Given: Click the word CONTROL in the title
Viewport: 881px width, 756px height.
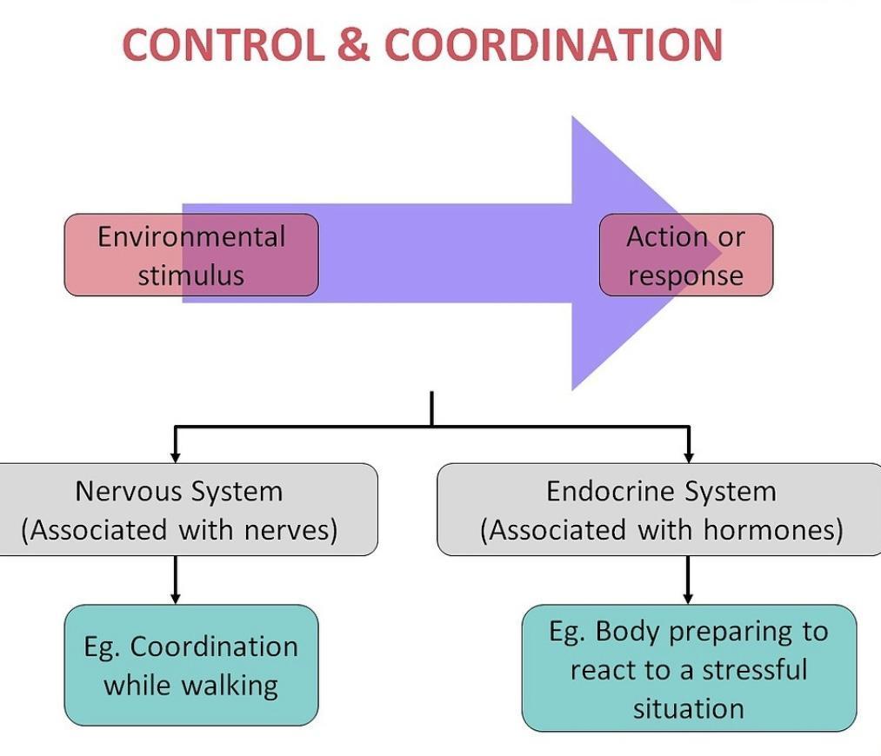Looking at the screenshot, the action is [224, 45].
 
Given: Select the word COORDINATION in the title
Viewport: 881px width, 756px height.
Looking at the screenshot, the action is [553, 45].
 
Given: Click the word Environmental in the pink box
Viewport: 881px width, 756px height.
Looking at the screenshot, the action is [191, 236].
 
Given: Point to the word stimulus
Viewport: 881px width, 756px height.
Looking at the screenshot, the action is [191, 275].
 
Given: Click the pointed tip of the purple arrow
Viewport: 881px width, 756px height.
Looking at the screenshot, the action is [722, 254].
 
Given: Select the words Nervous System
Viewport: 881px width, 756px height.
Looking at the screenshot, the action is [179, 491].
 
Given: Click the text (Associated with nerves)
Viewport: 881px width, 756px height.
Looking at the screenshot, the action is [179, 530].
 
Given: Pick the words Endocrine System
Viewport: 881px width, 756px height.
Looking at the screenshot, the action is [661, 491].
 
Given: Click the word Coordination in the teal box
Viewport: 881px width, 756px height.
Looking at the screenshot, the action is [213, 647].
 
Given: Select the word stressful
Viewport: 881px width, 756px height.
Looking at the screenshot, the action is [755, 670].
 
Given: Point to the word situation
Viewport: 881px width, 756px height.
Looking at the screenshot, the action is [689, 708].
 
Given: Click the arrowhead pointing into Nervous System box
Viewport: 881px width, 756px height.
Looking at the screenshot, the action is [176, 457].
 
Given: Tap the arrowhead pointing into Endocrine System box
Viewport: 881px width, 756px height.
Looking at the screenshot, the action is [689, 457].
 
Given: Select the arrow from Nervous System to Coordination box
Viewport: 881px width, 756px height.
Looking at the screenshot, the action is [176, 580].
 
